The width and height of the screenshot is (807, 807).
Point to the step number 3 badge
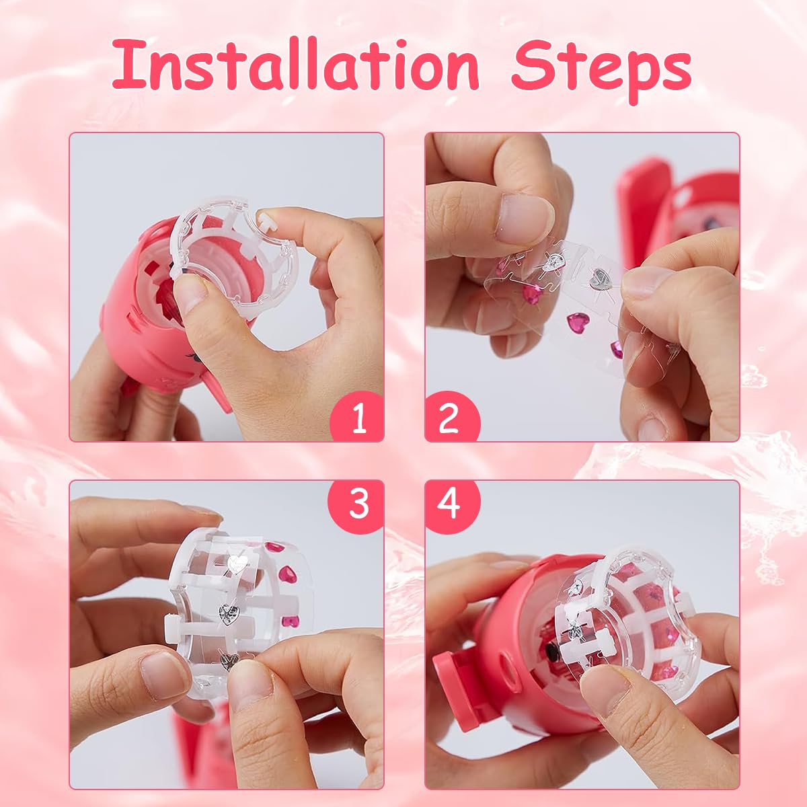point(356,506)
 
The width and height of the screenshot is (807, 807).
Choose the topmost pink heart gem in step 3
point(274,547)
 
